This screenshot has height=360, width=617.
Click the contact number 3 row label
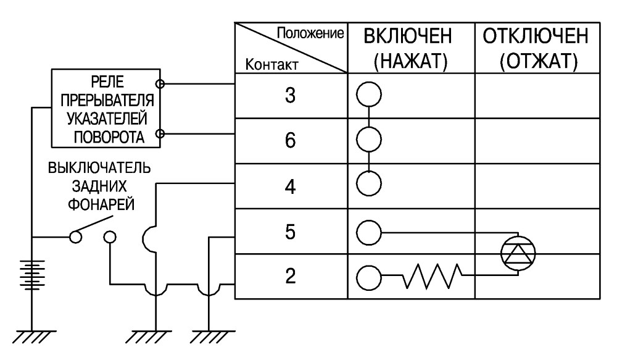pyautogui.click(x=290, y=95)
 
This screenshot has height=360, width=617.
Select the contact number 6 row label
pyautogui.click(x=290, y=140)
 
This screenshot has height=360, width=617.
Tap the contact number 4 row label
pyautogui.click(x=290, y=186)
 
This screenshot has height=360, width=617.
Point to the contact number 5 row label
pyautogui.click(x=290, y=232)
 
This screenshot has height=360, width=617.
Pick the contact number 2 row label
pyautogui.click(x=290, y=276)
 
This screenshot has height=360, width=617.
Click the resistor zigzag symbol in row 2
pyautogui.click(x=432, y=275)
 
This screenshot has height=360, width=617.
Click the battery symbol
pyautogui.click(x=32, y=275)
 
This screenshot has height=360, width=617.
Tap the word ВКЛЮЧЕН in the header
pyautogui.click(x=408, y=36)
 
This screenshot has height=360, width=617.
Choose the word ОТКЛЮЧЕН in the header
pyautogui.click(x=536, y=36)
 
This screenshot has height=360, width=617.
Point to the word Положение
pyautogui.click(x=310, y=33)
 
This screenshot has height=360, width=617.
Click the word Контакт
pyautogui.click(x=271, y=64)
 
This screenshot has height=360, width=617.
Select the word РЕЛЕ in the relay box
pyautogui.click(x=107, y=82)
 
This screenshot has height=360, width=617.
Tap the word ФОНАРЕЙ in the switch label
pyautogui.click(x=101, y=205)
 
